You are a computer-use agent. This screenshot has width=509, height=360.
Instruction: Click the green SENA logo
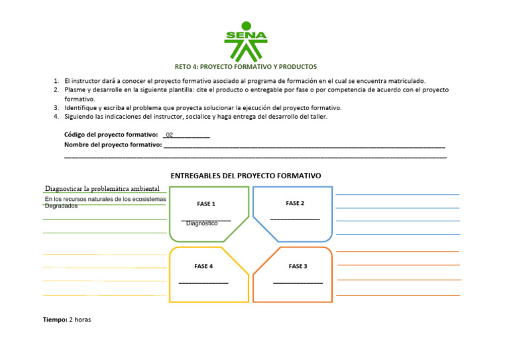click(x=246, y=40)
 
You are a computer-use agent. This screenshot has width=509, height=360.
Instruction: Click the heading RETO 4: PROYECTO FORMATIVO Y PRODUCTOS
click(x=246, y=67)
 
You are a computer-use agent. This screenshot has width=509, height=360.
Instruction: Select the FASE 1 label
click(x=206, y=204)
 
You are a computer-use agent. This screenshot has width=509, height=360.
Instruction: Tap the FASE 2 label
click(x=295, y=204)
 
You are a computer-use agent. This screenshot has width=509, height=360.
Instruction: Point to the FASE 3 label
click(x=298, y=267)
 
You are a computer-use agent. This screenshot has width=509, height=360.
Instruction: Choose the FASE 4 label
click(x=203, y=267)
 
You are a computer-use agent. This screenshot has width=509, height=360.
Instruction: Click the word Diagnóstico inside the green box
click(x=202, y=223)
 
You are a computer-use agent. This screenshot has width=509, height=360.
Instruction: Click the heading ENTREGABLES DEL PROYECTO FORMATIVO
click(x=246, y=176)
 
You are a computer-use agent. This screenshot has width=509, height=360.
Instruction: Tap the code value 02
click(x=170, y=135)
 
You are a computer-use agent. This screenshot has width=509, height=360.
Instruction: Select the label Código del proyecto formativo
click(x=111, y=135)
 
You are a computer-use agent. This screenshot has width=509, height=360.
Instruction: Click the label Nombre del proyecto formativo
click(x=113, y=145)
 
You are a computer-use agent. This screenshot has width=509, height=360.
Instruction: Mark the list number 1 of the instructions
click(x=57, y=81)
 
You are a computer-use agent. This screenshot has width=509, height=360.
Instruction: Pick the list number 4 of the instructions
click(x=57, y=117)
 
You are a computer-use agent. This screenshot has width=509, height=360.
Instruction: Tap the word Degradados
click(x=61, y=206)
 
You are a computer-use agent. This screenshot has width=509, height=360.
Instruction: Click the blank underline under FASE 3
click(x=298, y=283)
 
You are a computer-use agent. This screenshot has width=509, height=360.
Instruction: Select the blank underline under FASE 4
click(x=203, y=283)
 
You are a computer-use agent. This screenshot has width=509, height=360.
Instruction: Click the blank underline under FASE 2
click(x=295, y=219)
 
